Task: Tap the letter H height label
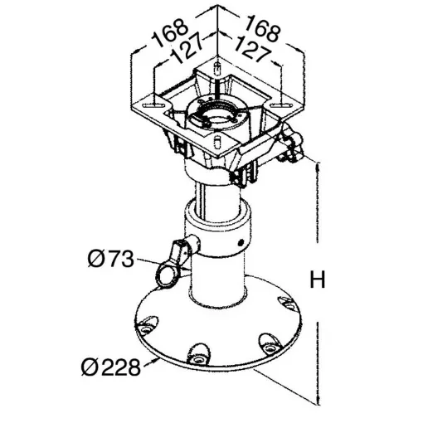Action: pyautogui.click(x=316, y=280)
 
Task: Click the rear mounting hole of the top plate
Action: pyautogui.click(x=215, y=66)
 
